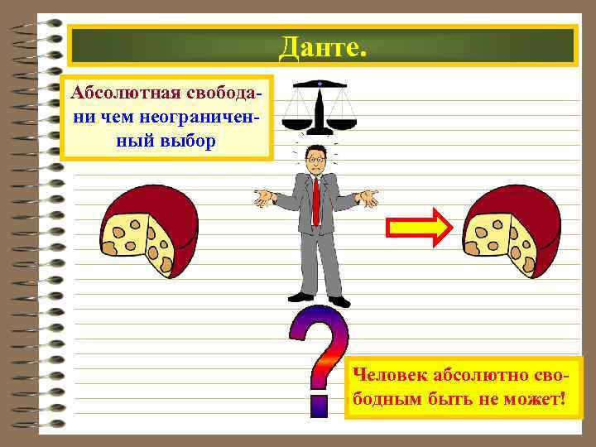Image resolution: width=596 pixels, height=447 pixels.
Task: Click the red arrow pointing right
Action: pyautogui.click(x=419, y=227)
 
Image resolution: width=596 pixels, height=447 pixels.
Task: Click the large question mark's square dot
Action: pyautogui.click(x=320, y=406)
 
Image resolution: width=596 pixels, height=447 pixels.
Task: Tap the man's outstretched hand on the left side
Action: pyautogui.click(x=263, y=196)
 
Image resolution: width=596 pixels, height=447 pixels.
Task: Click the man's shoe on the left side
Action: pyautogui.click(x=300, y=296)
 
